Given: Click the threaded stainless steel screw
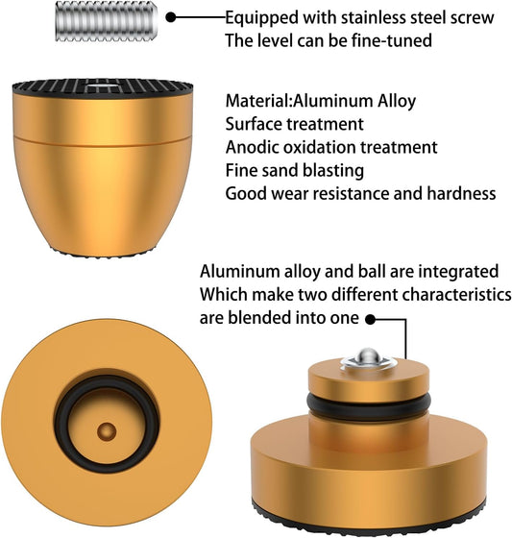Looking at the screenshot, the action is click(x=107, y=21).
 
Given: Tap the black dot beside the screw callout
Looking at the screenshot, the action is click(x=171, y=17).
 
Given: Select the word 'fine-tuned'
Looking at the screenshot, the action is click(x=392, y=40).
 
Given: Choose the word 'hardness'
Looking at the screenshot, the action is click(x=461, y=193).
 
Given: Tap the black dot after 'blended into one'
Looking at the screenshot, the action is click(x=370, y=320).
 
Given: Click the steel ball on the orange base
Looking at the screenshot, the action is click(x=368, y=356).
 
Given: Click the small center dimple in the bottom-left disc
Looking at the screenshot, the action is click(x=107, y=431).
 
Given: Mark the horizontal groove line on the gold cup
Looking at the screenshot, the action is click(x=102, y=142).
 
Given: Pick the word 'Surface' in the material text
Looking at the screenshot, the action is click(x=253, y=124).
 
